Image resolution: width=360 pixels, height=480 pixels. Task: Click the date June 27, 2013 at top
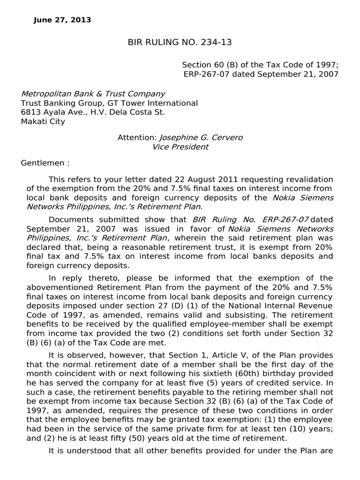63,20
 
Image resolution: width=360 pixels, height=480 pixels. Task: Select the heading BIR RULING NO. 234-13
180,43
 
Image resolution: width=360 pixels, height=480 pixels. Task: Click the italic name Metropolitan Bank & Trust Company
93,94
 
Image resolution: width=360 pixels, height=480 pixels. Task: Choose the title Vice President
180,147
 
